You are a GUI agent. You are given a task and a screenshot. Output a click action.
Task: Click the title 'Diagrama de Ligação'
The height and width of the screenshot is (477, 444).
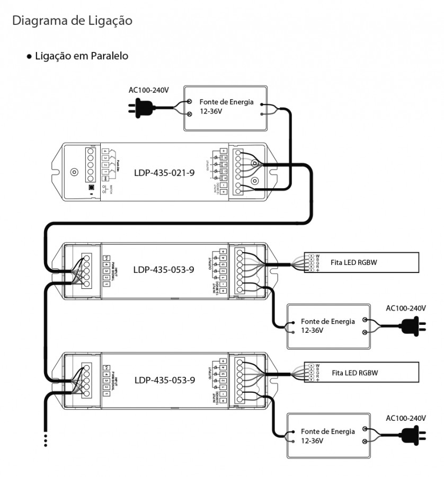tap(72, 21)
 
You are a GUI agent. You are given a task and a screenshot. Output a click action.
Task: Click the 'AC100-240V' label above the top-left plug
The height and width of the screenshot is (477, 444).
tap(149, 90)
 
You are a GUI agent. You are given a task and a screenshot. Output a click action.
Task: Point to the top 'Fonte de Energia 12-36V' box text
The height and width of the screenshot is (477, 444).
tap(226, 106)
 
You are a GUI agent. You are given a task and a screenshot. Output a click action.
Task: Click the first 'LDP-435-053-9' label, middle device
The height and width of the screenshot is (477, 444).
tap(164, 269)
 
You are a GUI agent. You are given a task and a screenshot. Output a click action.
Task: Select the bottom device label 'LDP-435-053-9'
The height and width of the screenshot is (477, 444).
tap(165, 379)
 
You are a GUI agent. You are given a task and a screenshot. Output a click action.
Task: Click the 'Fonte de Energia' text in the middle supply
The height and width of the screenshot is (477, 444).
tap(328, 321)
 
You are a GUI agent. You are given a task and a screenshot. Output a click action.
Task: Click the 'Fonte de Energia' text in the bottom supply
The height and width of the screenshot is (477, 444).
tap(328, 431)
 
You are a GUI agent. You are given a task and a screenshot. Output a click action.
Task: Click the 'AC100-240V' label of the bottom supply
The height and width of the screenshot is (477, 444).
tap(406, 418)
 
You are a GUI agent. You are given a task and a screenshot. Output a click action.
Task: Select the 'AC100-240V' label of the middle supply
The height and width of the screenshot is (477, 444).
tap(406, 308)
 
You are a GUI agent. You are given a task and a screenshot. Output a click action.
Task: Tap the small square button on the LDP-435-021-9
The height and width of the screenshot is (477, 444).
tap(92, 188)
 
